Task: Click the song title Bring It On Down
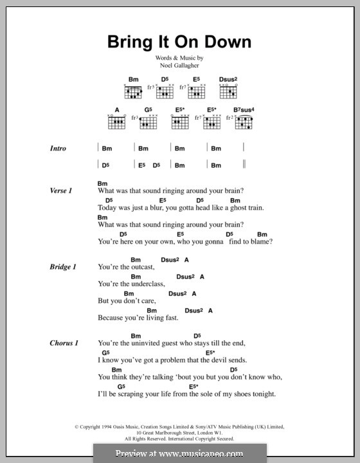(179, 43)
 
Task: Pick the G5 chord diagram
(148, 120)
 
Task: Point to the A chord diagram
(117, 120)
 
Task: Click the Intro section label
(58, 149)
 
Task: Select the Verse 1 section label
(61, 191)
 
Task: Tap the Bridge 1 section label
(63, 266)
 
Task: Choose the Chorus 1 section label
(64, 343)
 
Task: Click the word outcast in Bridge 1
(140, 267)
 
